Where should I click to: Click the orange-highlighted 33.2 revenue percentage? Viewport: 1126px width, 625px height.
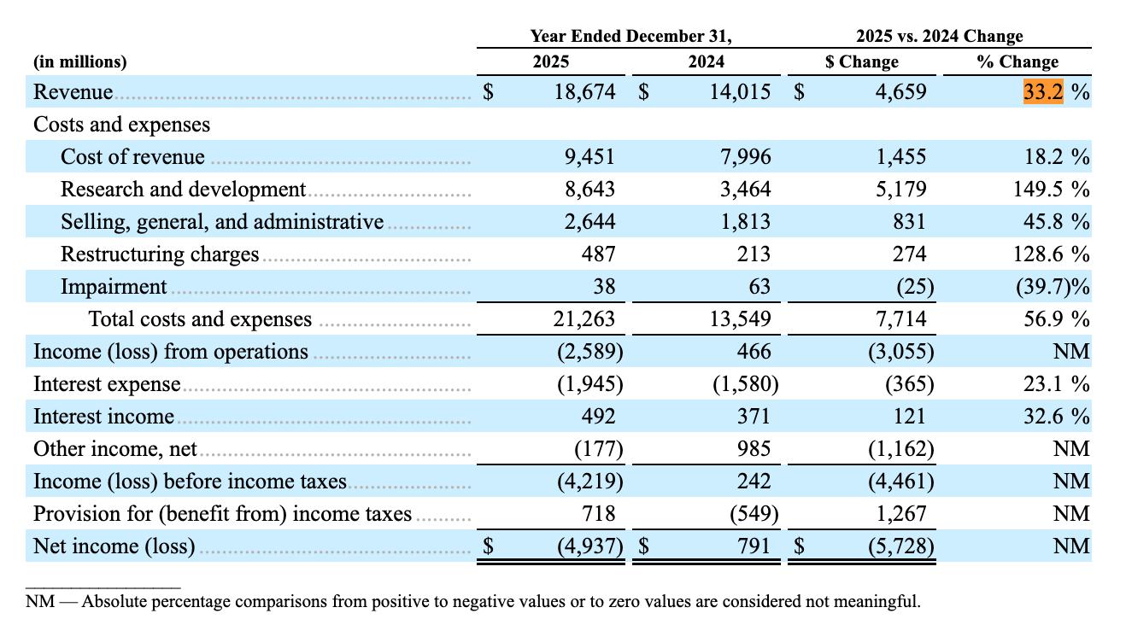(x=1043, y=92)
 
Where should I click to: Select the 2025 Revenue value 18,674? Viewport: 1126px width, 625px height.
(x=584, y=92)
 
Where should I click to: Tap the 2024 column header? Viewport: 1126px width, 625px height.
(x=707, y=61)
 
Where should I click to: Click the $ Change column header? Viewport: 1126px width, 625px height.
(x=862, y=61)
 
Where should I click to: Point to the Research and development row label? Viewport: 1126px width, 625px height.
(x=183, y=190)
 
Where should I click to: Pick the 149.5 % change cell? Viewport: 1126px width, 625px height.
(x=1051, y=190)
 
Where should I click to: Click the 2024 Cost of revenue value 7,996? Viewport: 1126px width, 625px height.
(x=746, y=157)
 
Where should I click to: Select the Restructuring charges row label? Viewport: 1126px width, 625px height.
(x=160, y=254)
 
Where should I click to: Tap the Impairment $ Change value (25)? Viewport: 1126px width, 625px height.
(x=915, y=287)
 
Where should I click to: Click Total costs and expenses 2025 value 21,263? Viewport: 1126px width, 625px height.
(x=584, y=319)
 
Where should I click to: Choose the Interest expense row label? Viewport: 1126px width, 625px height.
(x=107, y=384)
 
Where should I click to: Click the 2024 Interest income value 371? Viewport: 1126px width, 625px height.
(x=754, y=417)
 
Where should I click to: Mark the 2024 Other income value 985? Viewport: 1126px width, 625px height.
(x=754, y=448)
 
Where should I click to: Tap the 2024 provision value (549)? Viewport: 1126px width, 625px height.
(x=754, y=513)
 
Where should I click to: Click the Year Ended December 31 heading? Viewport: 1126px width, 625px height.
(x=630, y=36)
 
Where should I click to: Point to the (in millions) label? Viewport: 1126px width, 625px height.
(x=80, y=61)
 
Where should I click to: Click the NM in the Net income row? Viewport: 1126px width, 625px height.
(x=1071, y=546)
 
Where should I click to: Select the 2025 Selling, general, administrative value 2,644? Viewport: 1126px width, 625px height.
(x=589, y=221)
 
